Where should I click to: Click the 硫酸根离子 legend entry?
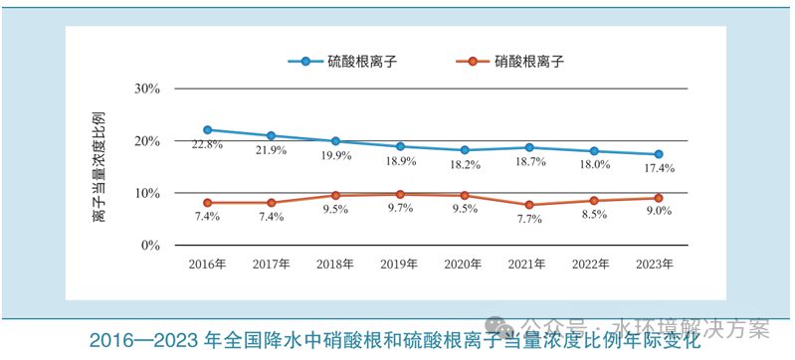(x=344, y=61)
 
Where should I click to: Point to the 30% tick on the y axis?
(x=147, y=89)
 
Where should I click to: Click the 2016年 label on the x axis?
(x=207, y=265)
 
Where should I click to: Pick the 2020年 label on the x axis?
(x=464, y=265)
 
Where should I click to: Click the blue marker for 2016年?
(x=207, y=129)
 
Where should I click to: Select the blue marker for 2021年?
(x=529, y=147)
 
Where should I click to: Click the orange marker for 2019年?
(x=400, y=195)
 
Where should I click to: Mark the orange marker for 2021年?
(x=529, y=205)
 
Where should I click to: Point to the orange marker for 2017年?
(x=271, y=203)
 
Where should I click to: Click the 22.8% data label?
(x=207, y=145)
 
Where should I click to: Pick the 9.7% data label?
(x=400, y=210)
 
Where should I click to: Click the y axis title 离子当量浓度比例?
(x=99, y=166)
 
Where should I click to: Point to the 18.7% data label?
(x=529, y=162)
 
